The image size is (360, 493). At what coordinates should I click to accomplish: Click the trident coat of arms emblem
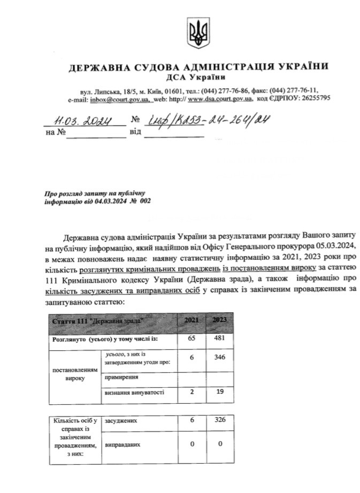(x=198, y=33)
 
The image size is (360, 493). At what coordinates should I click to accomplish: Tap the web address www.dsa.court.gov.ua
(x=220, y=99)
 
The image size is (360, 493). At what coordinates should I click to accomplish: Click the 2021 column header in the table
(x=191, y=320)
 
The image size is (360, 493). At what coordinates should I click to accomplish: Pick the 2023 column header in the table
(x=220, y=320)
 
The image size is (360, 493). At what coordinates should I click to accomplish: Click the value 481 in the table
(x=220, y=338)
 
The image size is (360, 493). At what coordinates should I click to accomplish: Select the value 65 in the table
(x=191, y=338)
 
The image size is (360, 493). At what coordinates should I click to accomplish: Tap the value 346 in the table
(x=220, y=357)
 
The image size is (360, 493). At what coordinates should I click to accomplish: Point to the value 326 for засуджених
(x=220, y=421)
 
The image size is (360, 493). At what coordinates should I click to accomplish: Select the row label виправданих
(x=124, y=444)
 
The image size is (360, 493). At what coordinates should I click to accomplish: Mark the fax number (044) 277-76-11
(x=294, y=91)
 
